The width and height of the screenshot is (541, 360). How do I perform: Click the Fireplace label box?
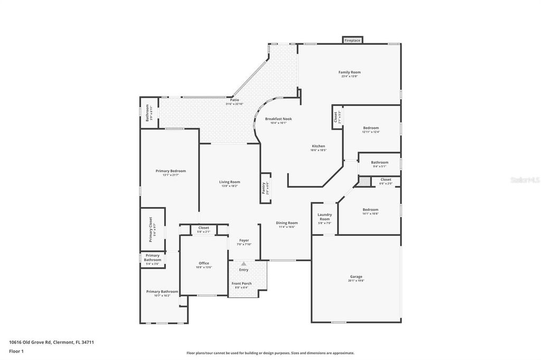pyautogui.click(x=352, y=40)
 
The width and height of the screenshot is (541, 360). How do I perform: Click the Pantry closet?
pyautogui.click(x=265, y=187)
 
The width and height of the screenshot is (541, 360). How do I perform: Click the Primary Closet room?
pyautogui.click(x=152, y=229)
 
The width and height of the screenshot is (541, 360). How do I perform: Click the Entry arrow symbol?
pyautogui.click(x=244, y=263)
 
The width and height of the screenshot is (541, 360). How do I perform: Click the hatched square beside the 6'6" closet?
pyautogui.click(x=364, y=181)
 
